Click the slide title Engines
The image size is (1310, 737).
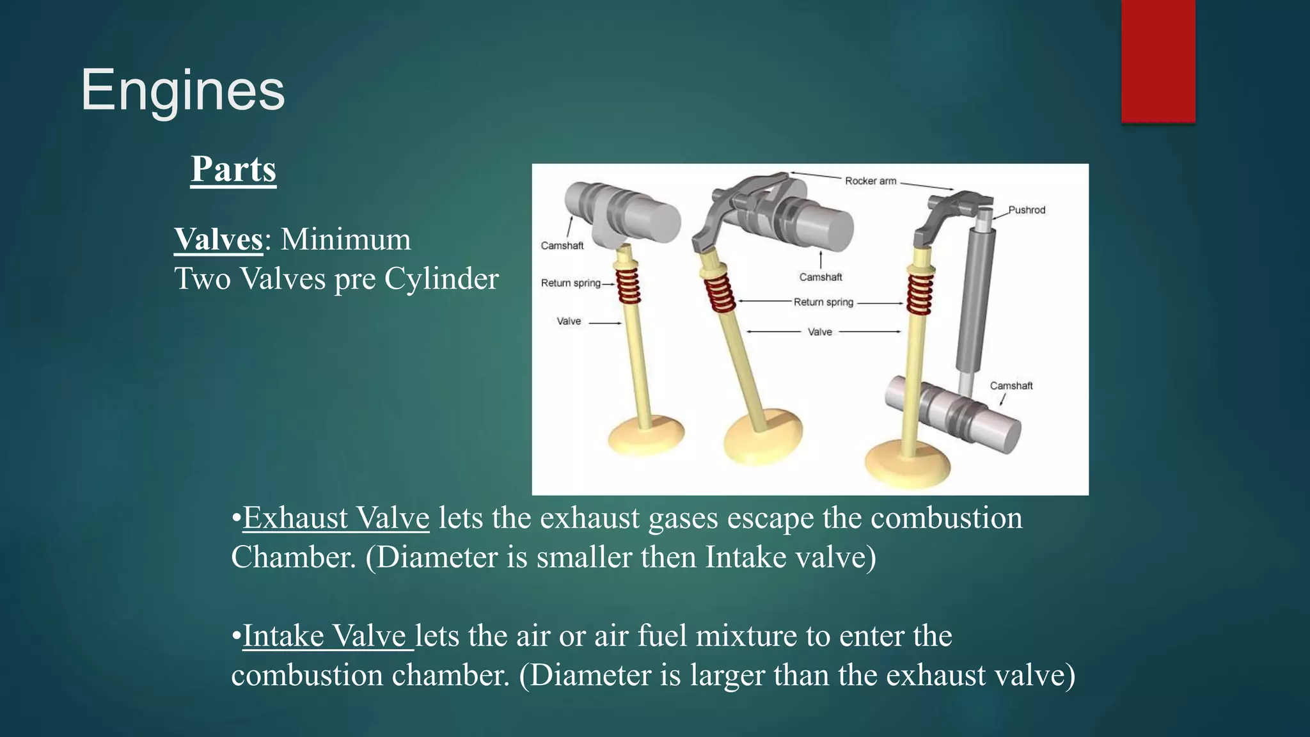[182, 91]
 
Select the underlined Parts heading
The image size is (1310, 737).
[233, 170]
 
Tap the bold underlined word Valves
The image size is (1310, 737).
[218, 240]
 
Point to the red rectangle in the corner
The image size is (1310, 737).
[1158, 61]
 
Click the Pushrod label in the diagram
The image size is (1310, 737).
[1027, 210]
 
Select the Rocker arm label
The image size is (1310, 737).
[871, 181]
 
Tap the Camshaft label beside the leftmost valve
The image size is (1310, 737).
[562, 246]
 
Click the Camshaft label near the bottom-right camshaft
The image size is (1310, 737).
[1011, 386]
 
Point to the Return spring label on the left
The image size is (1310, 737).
[571, 283]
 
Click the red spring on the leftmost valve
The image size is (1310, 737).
[627, 285]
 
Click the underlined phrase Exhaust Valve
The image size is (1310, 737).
[336, 518]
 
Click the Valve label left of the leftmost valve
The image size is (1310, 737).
[569, 321]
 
